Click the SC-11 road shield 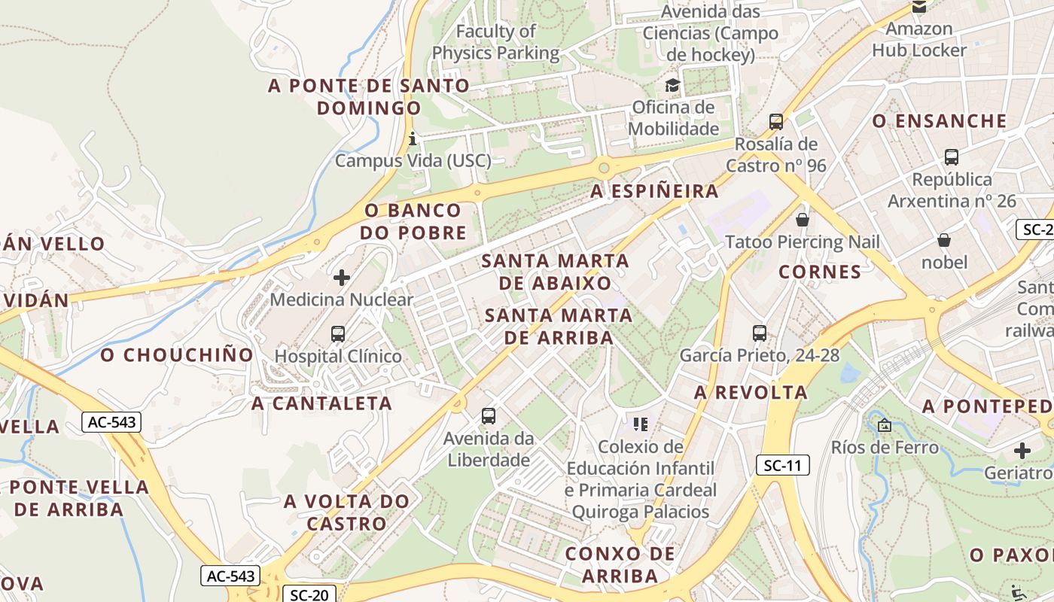(782, 466)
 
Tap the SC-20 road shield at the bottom (309, 594)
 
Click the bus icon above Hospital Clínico (338, 333)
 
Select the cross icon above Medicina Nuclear (342, 278)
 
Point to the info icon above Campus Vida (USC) (412, 138)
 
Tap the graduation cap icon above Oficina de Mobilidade (672, 86)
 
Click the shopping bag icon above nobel (944, 240)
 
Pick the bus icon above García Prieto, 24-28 (760, 333)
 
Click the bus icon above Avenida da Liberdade (489, 415)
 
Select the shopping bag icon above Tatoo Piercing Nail (803, 220)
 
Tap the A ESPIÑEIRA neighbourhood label (654, 191)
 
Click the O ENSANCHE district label (939, 121)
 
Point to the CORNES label (820, 272)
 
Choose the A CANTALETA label (322, 403)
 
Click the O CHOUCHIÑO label (178, 354)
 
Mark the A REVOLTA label (751, 392)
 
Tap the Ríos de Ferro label (885, 448)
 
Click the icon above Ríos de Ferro (885, 426)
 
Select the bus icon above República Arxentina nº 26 (952, 157)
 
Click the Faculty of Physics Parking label (495, 42)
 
